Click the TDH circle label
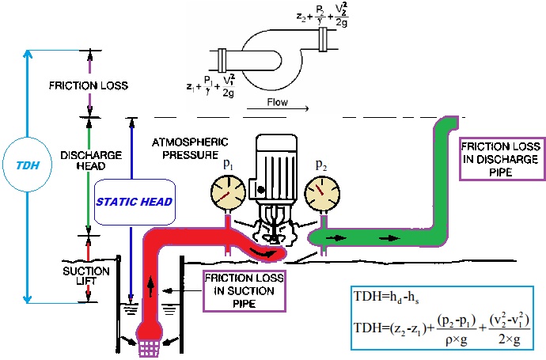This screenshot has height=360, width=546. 27,165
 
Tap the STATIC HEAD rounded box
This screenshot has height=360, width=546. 135,202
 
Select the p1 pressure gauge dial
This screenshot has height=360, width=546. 228,192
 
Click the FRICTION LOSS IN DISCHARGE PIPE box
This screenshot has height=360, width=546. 502,159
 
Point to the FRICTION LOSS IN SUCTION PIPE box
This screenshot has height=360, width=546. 244,290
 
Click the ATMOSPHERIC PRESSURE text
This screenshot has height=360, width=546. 190,148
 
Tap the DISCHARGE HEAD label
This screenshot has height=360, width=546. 91,160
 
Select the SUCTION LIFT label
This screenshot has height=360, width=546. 86,276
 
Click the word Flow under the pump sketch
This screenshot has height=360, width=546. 277,102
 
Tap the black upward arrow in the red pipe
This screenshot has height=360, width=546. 150,286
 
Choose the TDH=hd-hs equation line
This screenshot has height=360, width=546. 386,297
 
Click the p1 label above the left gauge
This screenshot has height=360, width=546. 228,164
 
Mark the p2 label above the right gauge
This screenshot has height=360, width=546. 321,165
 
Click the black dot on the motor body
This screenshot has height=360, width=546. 261,190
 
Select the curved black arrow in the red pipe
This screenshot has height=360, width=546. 264,252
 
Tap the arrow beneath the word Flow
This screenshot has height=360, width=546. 278,108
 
